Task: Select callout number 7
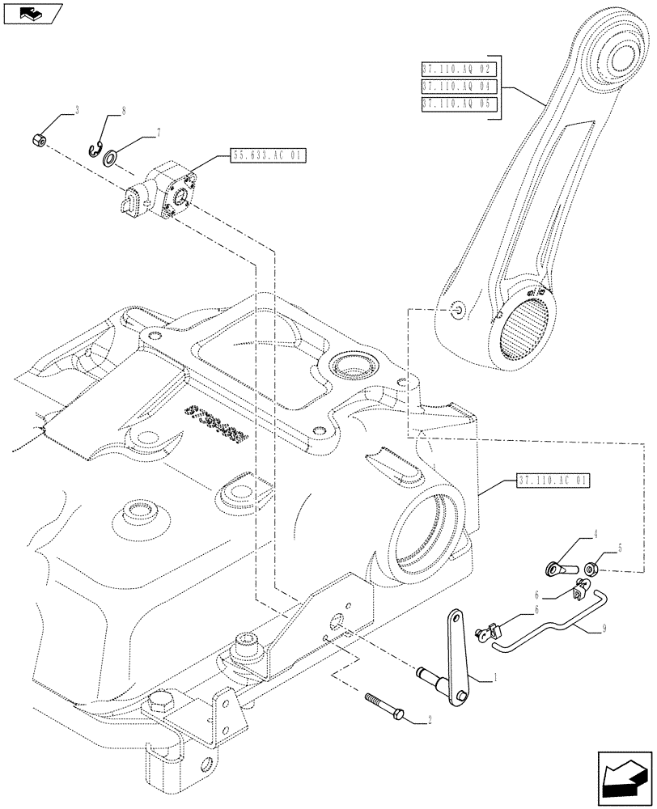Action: click(159, 132)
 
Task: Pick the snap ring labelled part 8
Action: click(95, 147)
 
